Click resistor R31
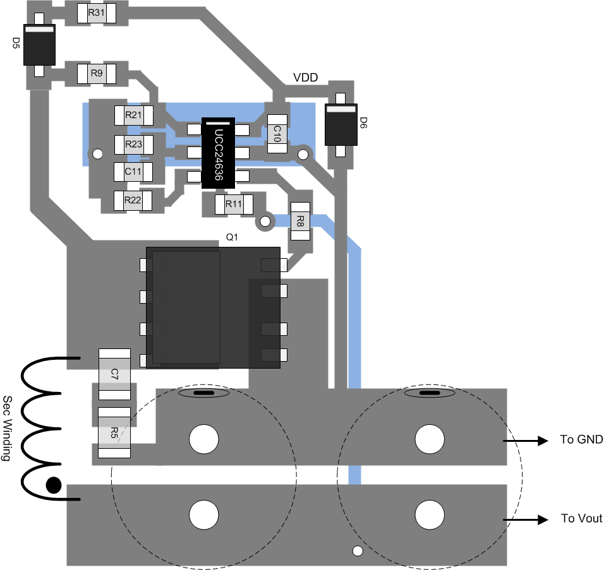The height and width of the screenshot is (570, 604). [x=96, y=13]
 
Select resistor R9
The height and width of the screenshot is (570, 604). [x=96, y=73]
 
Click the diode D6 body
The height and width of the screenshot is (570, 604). [x=341, y=124]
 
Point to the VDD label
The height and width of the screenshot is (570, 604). [x=305, y=78]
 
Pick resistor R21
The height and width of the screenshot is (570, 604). [x=134, y=115]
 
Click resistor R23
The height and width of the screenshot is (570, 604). [x=133, y=145]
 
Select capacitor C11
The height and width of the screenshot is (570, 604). [x=133, y=171]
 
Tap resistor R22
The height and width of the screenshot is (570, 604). [x=133, y=201]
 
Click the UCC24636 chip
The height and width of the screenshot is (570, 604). [x=218, y=153]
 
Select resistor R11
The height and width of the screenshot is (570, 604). [x=233, y=204]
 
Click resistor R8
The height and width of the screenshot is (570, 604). [x=300, y=222]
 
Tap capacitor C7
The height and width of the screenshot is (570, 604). [x=114, y=374]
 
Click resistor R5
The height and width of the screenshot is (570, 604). [x=114, y=432]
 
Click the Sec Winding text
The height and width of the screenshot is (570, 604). [x=8, y=429]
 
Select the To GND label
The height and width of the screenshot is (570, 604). [x=581, y=439]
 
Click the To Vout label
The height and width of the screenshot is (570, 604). [x=582, y=518]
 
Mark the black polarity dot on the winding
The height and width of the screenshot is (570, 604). [x=54, y=485]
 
